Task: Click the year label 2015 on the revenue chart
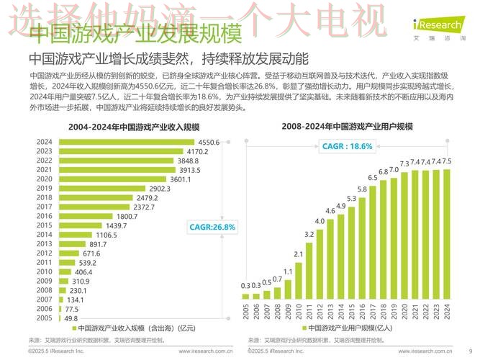click(45, 225)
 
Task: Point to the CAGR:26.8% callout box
click(212, 227)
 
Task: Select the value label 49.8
click(71, 318)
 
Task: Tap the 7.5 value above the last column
click(447, 161)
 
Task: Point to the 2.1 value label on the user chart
click(298, 254)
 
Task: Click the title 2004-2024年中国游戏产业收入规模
click(134, 127)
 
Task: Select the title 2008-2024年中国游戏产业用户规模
click(347, 127)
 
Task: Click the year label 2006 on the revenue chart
click(45, 308)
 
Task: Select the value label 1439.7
click(117, 225)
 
